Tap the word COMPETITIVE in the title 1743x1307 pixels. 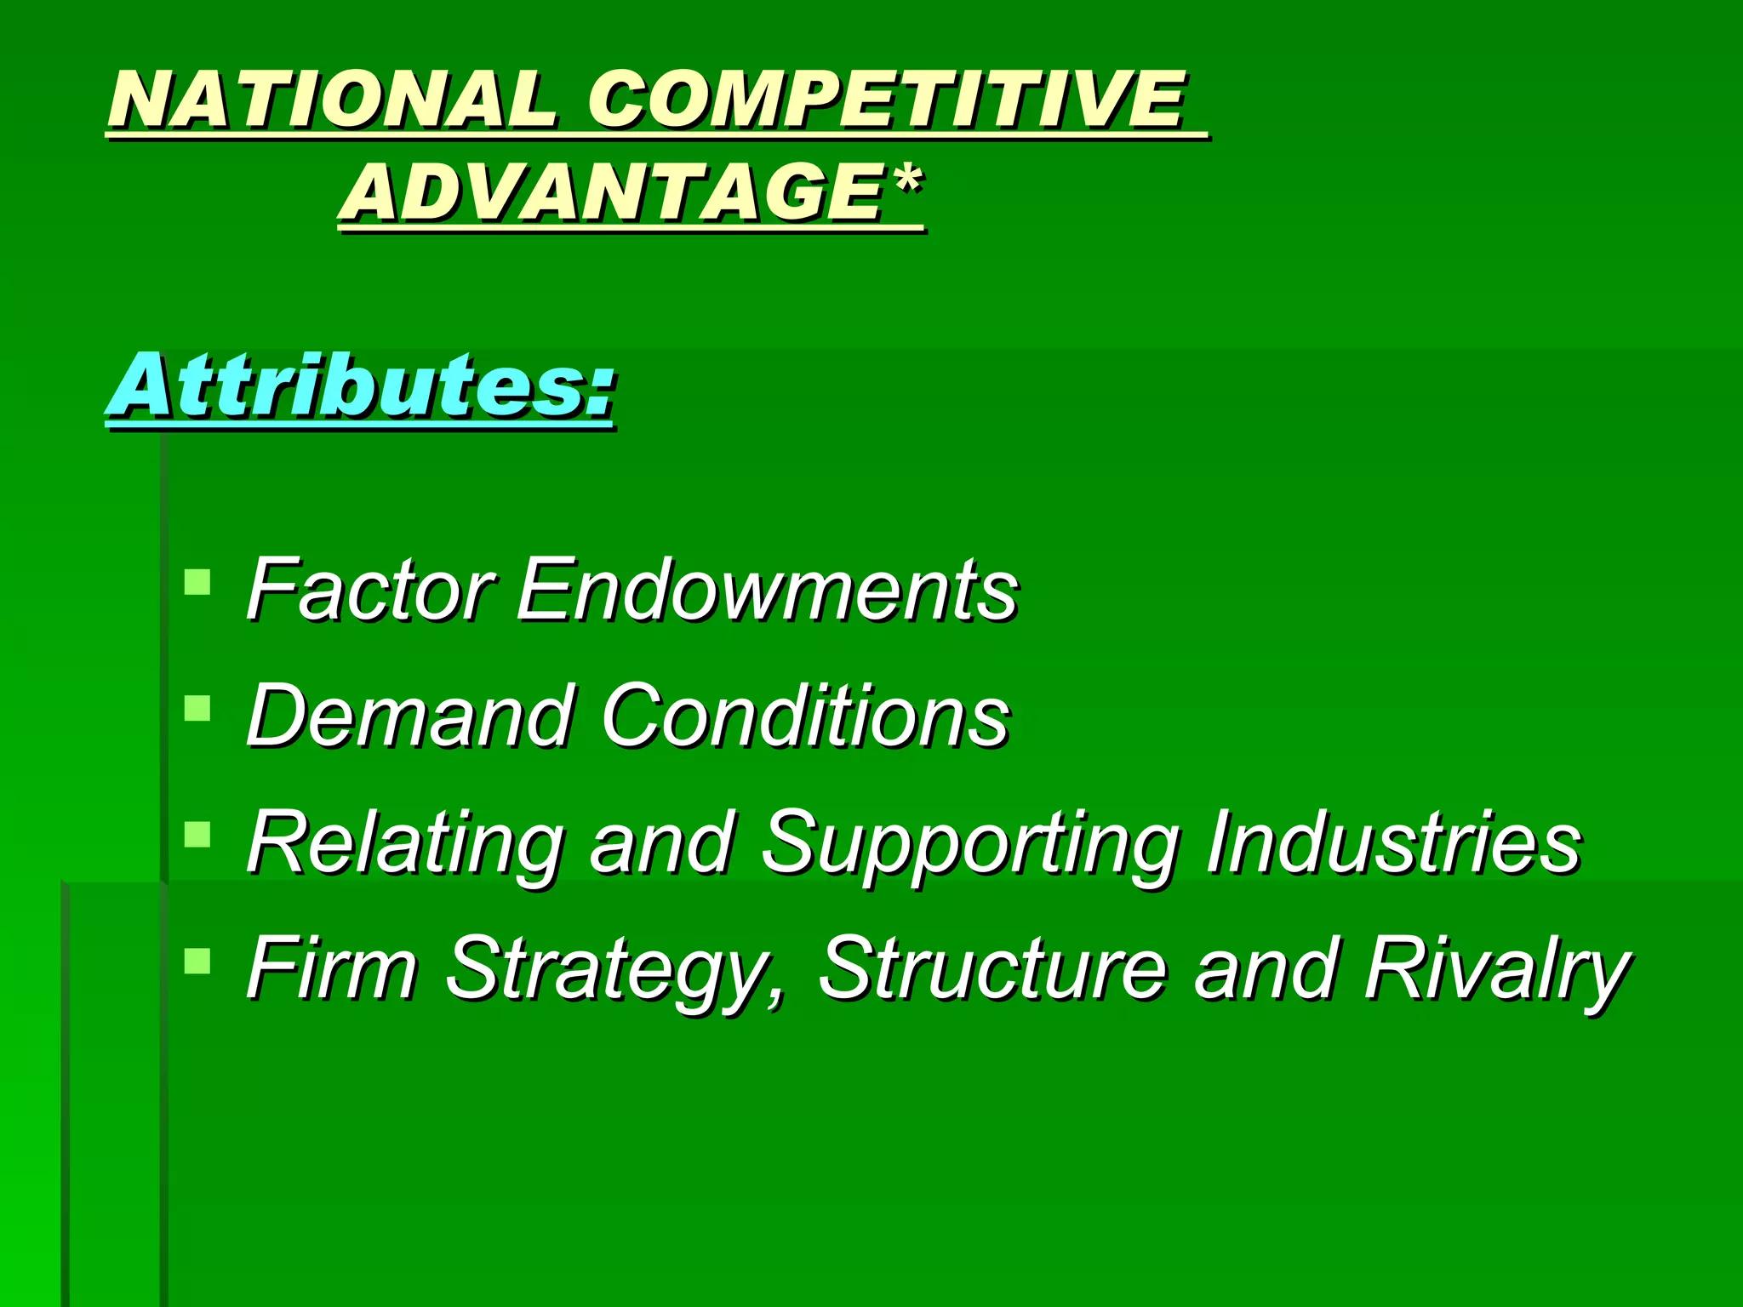click(x=885, y=100)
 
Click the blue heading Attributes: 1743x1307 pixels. click(x=361, y=387)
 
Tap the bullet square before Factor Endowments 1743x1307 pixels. click(x=197, y=582)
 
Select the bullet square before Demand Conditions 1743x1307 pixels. click(x=197, y=708)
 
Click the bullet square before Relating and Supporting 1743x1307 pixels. click(x=197, y=834)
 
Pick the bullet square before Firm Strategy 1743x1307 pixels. click(x=197, y=961)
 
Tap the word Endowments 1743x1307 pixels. click(x=766, y=589)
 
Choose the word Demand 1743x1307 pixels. click(x=409, y=716)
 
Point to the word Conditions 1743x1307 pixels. click(x=805, y=716)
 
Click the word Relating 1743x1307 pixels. click(x=405, y=842)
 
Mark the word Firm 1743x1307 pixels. click(x=332, y=968)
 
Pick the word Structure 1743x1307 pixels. click(x=992, y=968)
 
